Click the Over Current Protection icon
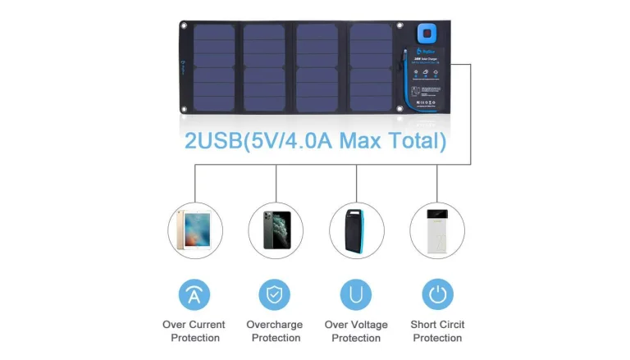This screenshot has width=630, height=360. coord(194,294)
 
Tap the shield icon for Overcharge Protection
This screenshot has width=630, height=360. coord(275,294)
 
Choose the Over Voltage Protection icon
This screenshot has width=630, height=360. coord(356,294)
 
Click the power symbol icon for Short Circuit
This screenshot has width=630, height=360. coord(437,294)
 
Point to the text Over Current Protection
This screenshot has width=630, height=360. coord(194,331)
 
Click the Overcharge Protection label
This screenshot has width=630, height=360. coord(276,331)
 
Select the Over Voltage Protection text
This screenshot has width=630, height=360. coord(356,331)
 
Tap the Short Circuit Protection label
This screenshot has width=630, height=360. coord(437,331)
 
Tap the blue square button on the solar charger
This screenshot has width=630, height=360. coord(425,34)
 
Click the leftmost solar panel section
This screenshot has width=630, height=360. coord(213,67)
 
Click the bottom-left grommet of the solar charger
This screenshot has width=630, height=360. coord(185,107)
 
